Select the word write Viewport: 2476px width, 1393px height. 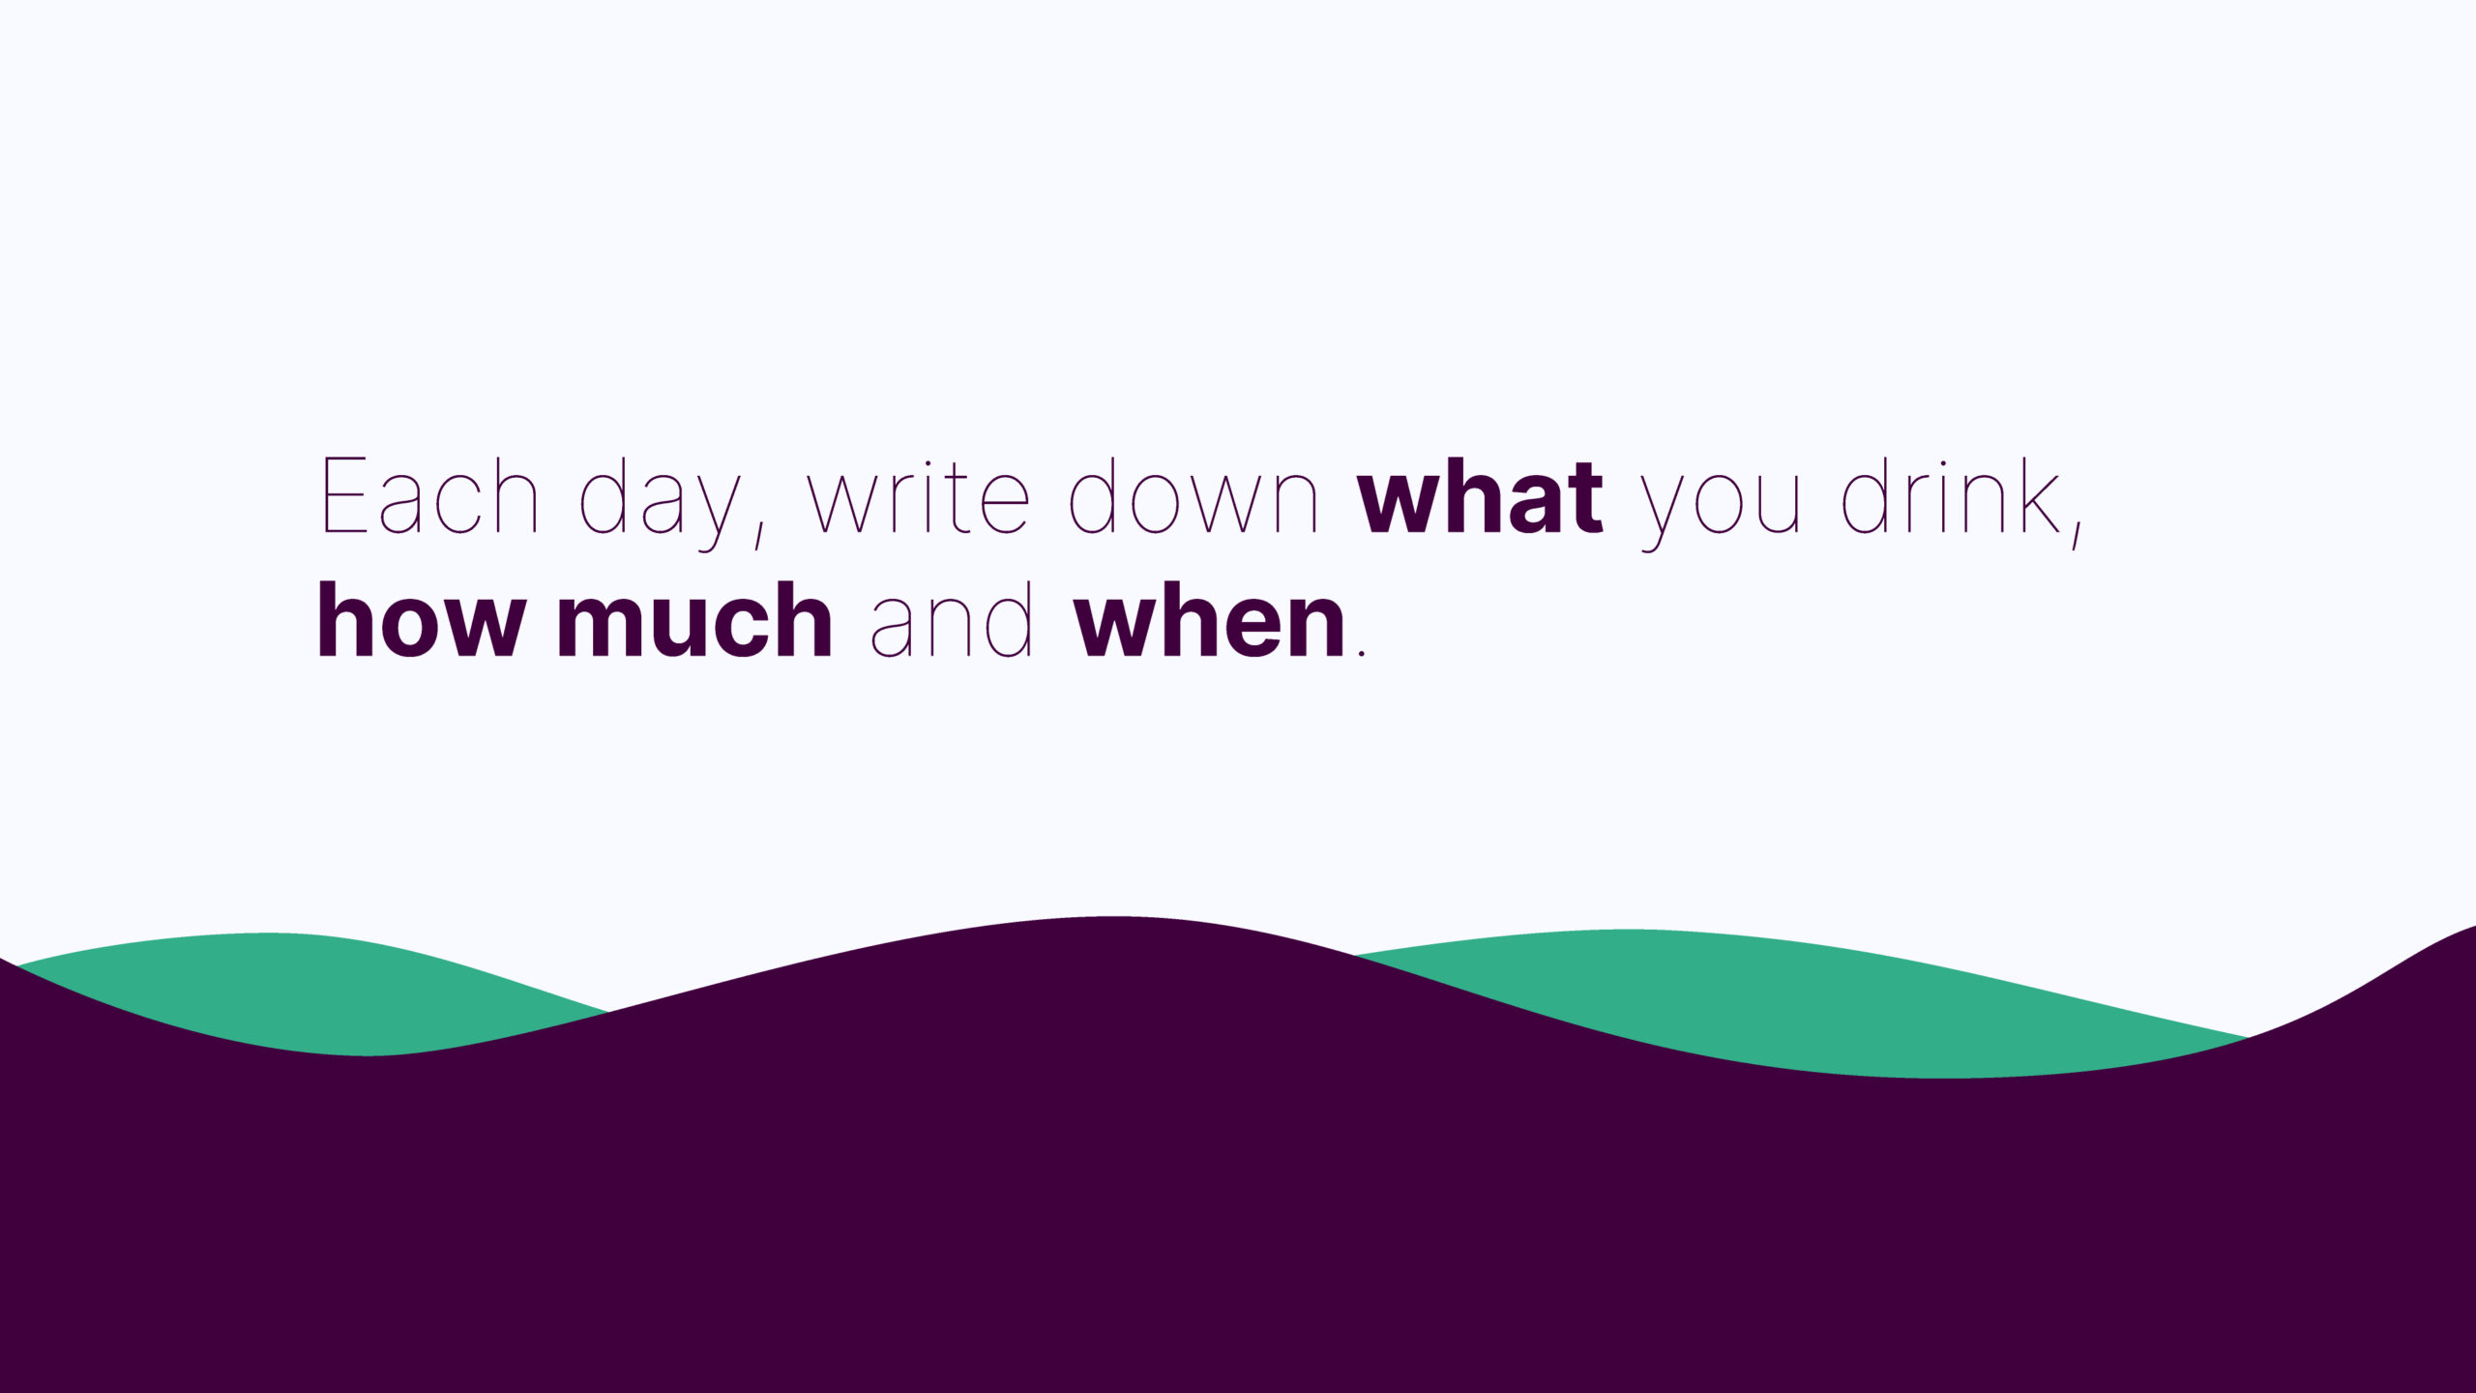tap(919, 496)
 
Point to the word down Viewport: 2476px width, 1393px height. tap(1194, 495)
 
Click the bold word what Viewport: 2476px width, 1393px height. tap(1481, 495)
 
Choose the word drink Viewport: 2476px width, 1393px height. tap(1950, 495)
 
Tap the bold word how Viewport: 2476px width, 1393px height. tap(422, 619)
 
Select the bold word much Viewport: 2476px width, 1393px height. tap(694, 619)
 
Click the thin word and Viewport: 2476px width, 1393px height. tap(952, 619)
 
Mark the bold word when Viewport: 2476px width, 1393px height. tap(1209, 619)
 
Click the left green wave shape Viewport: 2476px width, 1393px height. tap(319, 972)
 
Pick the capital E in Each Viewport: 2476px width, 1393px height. tap(344, 496)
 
